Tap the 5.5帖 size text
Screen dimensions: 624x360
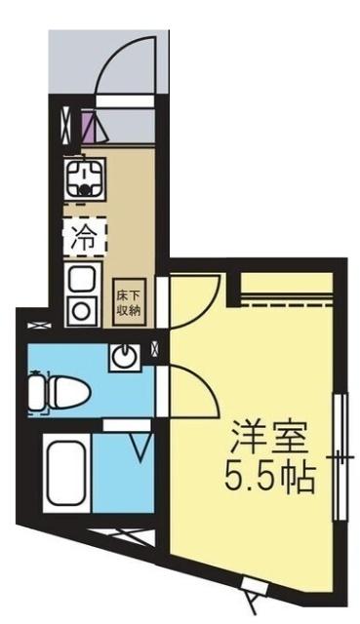pyautogui.click(x=269, y=478)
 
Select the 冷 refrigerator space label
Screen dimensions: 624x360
pyautogui.click(x=85, y=235)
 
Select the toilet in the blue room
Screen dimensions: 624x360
pyautogui.click(x=59, y=393)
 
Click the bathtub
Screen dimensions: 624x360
pyautogui.click(x=66, y=475)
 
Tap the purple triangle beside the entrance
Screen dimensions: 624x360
pyautogui.click(x=89, y=126)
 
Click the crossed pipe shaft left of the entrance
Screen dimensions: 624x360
pyautogui.click(x=64, y=124)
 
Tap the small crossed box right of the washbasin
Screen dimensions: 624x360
pyautogui.click(x=158, y=347)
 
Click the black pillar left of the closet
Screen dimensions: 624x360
pyautogui.click(x=233, y=284)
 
